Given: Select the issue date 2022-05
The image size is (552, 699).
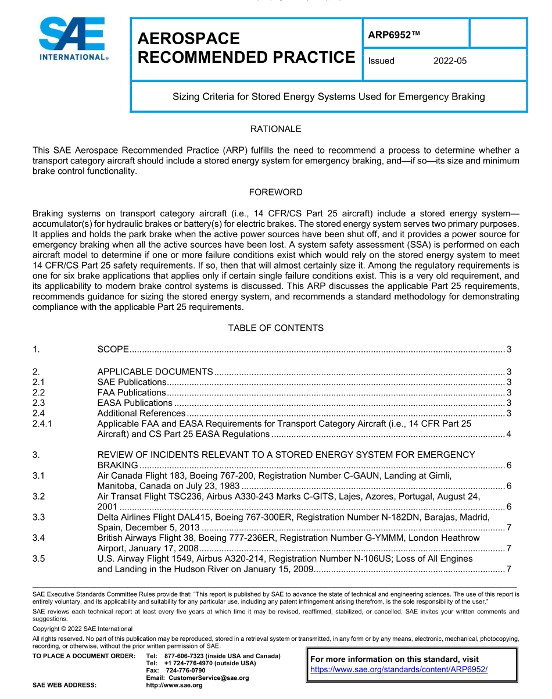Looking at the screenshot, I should point(450,61).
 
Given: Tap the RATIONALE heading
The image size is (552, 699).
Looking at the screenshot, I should point(275,129).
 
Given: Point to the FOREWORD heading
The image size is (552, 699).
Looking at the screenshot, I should point(275,192).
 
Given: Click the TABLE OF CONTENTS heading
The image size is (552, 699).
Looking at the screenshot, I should point(275,328).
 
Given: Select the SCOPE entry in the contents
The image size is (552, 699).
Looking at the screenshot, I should point(113,349).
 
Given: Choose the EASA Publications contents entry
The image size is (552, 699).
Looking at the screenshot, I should point(135,403).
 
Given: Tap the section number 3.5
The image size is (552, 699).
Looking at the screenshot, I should point(38,559).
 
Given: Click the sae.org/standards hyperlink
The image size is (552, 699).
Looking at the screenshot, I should point(399,669).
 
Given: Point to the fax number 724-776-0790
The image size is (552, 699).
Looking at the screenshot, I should point(185,671).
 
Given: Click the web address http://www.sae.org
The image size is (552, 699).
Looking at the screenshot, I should point(174,686).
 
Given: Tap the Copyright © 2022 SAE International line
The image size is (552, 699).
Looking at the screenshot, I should point(83,629).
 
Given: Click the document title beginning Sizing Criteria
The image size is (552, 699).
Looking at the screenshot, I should point(328,97).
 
